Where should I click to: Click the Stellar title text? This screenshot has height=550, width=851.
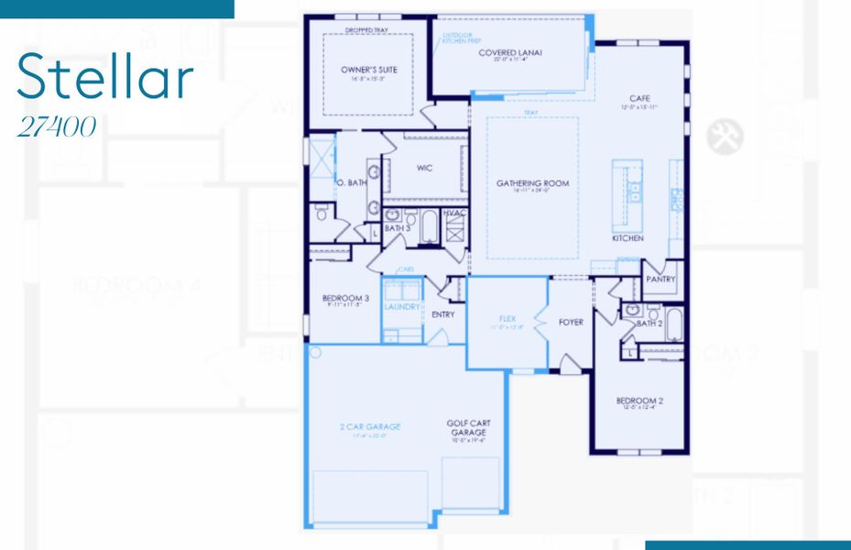105,77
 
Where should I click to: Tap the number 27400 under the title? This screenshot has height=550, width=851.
57,126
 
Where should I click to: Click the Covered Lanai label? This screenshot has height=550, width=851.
510,53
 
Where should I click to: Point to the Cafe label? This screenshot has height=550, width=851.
639,98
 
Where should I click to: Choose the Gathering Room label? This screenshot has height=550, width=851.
532,183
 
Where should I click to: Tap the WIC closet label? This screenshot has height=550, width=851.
423,168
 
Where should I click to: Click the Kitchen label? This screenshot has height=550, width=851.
627,238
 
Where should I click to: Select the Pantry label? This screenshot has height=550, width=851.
660,279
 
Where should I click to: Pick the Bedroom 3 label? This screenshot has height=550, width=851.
345,298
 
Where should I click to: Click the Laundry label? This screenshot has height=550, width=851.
402,308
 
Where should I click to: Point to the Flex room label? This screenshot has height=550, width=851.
507,319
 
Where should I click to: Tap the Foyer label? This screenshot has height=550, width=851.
571,322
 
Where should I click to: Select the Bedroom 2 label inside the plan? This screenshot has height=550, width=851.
639,401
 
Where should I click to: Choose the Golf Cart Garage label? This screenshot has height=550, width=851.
467,428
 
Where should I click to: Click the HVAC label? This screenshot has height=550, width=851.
454,214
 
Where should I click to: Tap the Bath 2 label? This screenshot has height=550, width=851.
649,323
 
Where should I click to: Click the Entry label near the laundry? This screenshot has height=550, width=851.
442,314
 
